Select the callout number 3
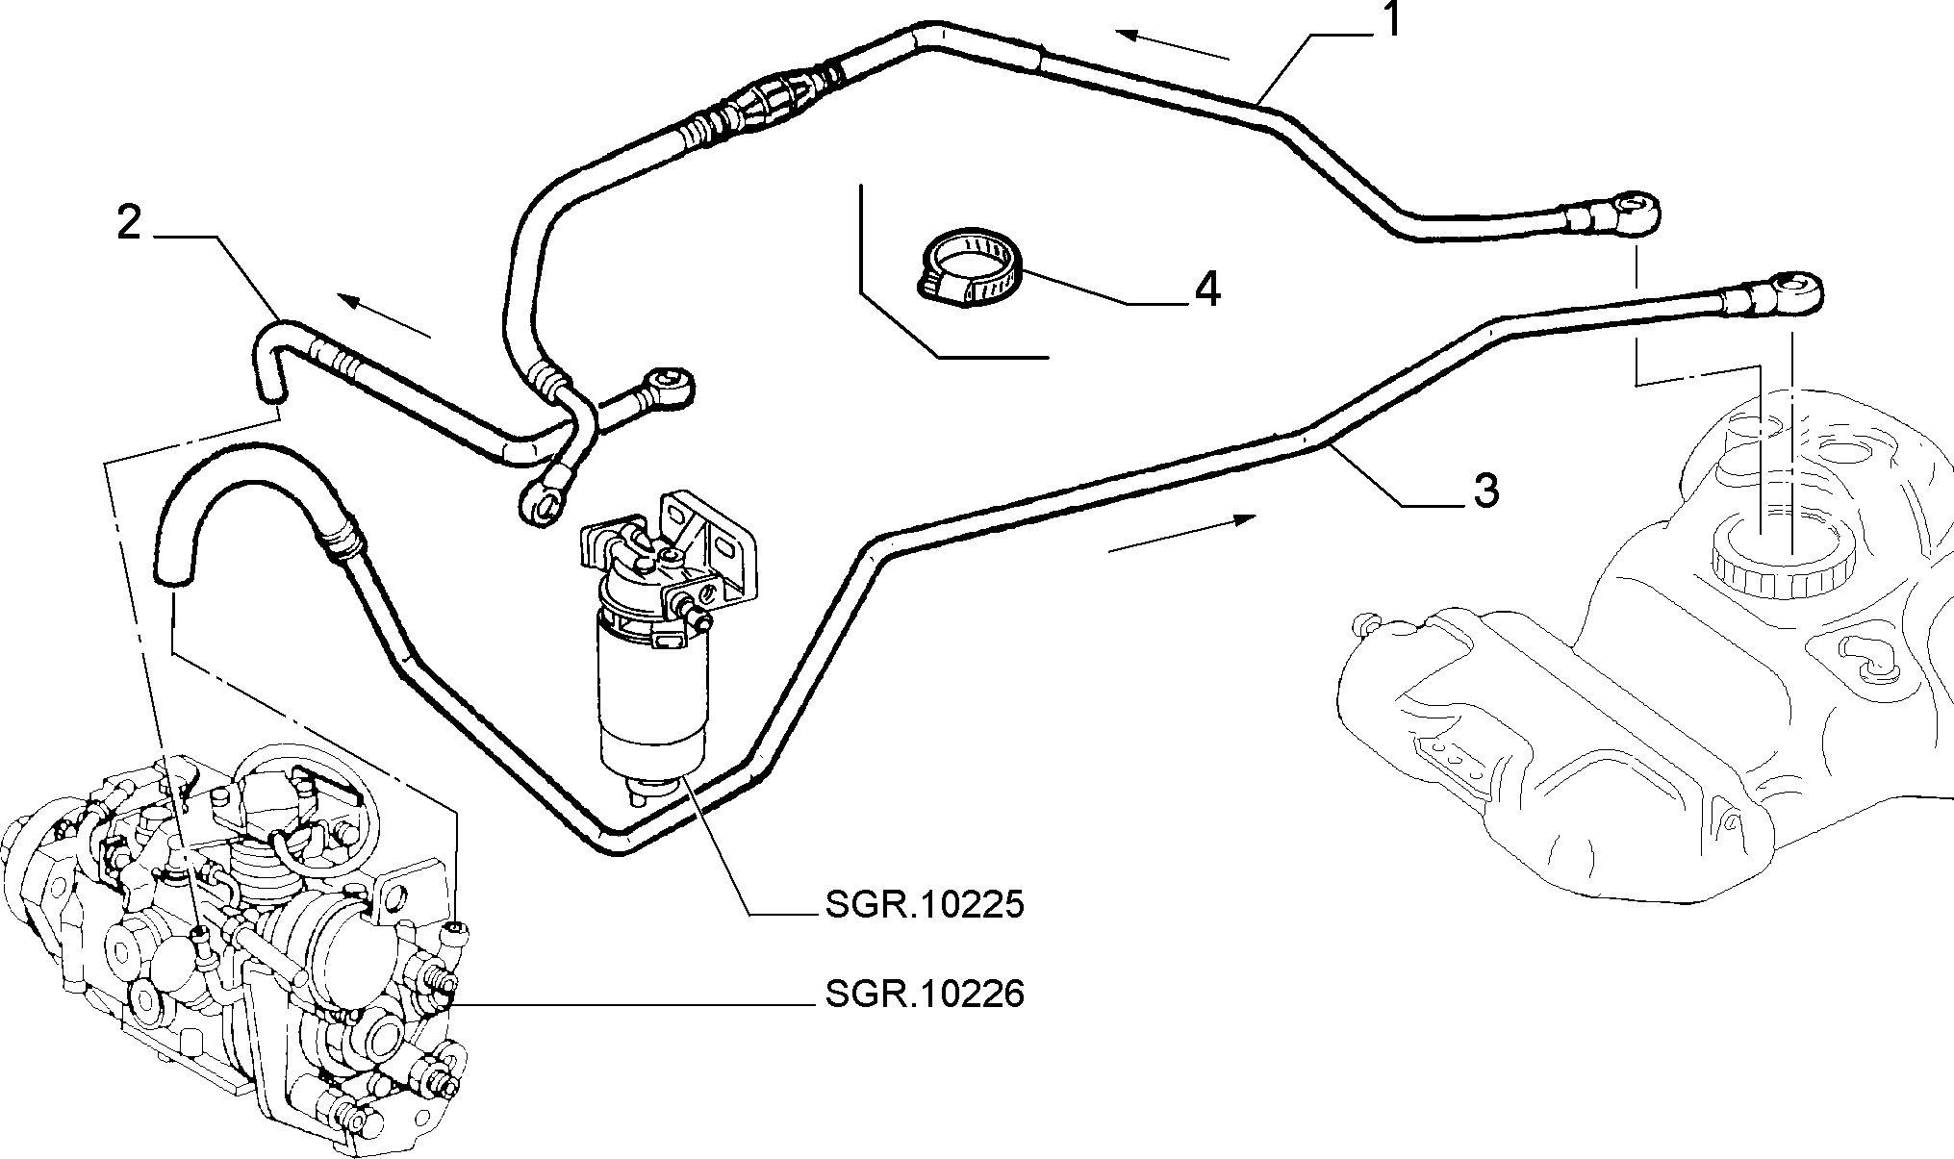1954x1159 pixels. coord(1486,491)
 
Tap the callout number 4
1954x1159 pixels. coord(1207,289)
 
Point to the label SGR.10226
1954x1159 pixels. coord(925,994)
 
